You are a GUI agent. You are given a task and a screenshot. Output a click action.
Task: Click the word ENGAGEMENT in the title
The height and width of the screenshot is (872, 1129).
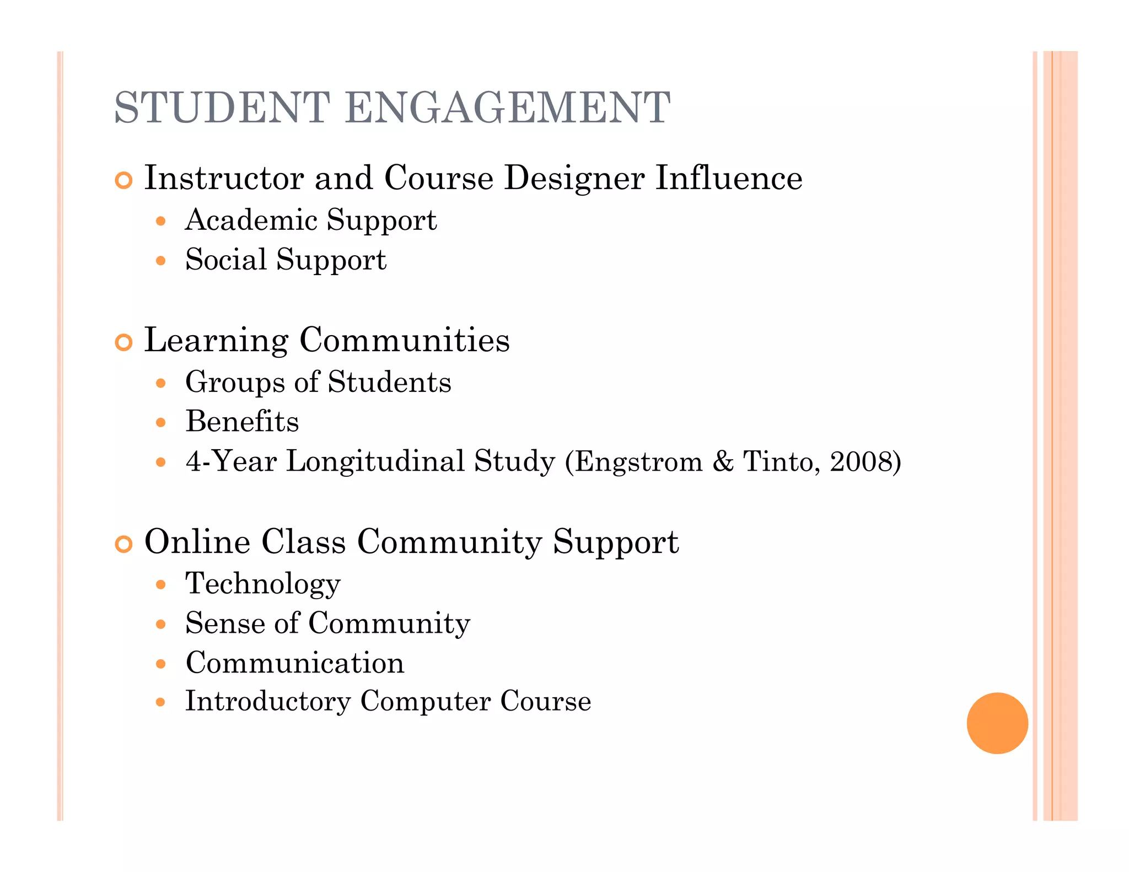click(x=507, y=107)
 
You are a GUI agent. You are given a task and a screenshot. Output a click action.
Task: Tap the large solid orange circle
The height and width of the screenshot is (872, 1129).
click(x=997, y=723)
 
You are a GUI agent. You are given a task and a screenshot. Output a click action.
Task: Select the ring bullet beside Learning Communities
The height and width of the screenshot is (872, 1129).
click(x=124, y=342)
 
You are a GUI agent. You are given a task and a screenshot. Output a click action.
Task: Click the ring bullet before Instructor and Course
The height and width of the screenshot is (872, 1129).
click(x=124, y=180)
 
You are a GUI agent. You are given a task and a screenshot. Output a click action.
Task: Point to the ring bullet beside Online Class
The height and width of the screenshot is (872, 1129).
click(x=124, y=544)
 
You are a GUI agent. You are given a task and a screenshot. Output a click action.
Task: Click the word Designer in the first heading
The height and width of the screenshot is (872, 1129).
click(x=574, y=179)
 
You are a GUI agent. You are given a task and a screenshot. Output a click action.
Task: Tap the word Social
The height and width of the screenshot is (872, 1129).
click(x=226, y=260)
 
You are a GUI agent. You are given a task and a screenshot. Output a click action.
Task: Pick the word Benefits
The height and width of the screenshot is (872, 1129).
click(x=242, y=422)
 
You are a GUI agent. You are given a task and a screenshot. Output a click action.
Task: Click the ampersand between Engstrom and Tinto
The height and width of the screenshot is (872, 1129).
click(x=723, y=461)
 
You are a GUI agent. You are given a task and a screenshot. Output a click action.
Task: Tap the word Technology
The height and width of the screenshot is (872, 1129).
click(x=263, y=584)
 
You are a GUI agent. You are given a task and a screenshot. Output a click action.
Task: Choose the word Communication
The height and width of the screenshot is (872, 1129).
click(x=295, y=663)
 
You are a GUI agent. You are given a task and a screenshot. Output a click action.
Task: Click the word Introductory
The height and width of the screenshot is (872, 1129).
click(x=268, y=702)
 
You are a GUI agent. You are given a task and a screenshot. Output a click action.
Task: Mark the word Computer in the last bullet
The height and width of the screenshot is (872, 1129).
click(x=425, y=702)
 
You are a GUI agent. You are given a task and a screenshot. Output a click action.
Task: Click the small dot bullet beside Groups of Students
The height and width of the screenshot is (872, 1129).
click(x=160, y=383)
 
